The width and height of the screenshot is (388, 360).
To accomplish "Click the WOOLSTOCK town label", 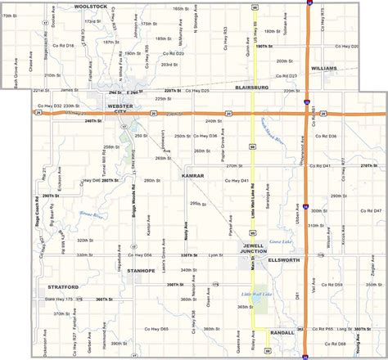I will [90, 6].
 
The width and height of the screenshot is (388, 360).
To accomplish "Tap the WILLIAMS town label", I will [324, 69].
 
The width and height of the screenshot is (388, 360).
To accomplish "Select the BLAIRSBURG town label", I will [251, 86].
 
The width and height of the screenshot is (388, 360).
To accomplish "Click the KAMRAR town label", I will [192, 175].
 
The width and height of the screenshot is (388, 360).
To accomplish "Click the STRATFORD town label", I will [62, 287].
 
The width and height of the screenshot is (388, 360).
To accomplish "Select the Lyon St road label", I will [215, 255].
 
